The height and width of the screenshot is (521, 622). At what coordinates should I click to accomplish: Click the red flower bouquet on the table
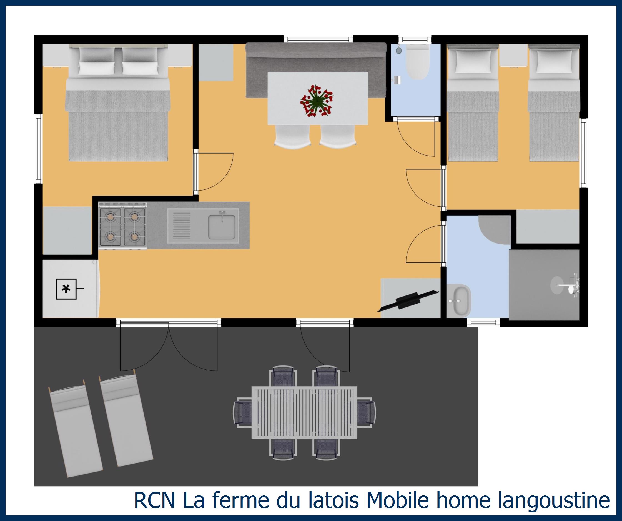tap(317, 101)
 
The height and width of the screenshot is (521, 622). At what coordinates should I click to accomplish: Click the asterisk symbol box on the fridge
tap(66, 289)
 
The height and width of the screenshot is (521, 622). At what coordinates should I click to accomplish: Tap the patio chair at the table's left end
tap(243, 413)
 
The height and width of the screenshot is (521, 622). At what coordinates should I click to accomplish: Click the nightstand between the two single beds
tap(514, 56)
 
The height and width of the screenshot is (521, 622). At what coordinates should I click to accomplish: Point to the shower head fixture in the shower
tap(573, 285)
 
